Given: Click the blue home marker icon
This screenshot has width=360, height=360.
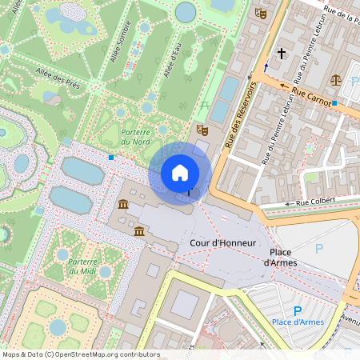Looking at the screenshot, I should coord(180,173).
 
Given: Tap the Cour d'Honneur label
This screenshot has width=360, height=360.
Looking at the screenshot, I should coord(223,242).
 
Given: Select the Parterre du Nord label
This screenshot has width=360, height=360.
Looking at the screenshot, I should coord(135,136).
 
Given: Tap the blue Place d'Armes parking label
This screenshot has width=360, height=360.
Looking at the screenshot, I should coord(298,322).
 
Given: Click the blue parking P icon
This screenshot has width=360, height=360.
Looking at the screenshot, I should coord(298,310).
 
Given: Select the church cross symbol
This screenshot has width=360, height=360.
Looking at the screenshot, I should coord(281,54).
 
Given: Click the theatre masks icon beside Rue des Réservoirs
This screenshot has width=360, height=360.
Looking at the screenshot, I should coord(202,129).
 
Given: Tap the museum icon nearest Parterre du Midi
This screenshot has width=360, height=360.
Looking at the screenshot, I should coord(139,232).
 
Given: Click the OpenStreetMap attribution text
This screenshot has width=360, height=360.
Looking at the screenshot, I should coord(80,354).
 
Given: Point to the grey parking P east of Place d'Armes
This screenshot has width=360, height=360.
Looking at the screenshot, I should coord(320,249).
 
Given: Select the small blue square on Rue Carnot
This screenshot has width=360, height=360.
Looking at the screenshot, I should coord(335,104).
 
